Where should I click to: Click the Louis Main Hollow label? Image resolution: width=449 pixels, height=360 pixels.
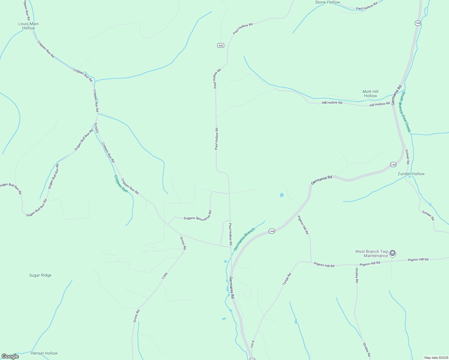coord(29,26)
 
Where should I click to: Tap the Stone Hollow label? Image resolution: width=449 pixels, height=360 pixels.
coord(327,2)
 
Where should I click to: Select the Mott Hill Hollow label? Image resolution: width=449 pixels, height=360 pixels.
coord(370,94)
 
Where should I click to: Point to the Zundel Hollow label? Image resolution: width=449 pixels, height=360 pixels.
coord(411,174)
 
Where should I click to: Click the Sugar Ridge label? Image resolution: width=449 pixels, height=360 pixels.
coord(40,275)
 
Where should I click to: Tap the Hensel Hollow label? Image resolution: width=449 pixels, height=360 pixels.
coord(44,353)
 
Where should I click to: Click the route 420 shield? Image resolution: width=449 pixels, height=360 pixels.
coord(221,45)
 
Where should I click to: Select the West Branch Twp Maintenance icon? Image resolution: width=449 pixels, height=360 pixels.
coord(393,253)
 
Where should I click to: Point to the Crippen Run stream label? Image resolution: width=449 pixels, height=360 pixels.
coord(121,184)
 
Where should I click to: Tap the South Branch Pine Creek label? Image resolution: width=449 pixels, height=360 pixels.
coord(406,112)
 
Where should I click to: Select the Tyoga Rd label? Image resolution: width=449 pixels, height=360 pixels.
coord(287,279)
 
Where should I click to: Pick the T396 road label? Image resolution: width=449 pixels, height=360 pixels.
coord(164,276)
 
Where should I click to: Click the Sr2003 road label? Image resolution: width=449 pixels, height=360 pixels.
coord(96,128)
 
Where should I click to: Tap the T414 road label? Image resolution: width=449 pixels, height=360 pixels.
coord(252,344)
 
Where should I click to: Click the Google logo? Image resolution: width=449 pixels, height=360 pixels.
coord(10,356)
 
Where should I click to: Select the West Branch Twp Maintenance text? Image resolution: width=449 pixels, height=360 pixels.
coord(372,253)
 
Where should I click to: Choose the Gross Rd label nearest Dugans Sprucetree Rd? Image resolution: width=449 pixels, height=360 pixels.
coord(183,243)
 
